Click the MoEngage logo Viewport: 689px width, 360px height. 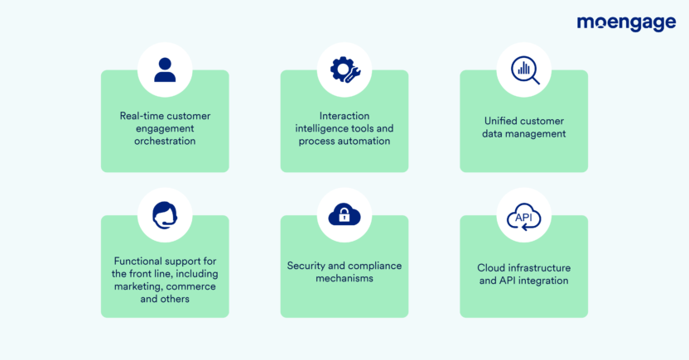pyautogui.click(x=626, y=22)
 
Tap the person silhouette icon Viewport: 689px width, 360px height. pyautogui.click(x=165, y=70)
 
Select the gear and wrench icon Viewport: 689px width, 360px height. pyautogui.click(x=344, y=70)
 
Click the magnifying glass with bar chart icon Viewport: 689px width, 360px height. pyautogui.click(x=524, y=70)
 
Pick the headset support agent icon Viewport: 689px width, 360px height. pyautogui.click(x=165, y=215)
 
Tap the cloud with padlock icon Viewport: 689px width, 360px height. pyautogui.click(x=344, y=215)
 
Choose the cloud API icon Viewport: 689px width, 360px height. pyautogui.click(x=524, y=217)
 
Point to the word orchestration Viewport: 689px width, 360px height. pyautogui.click(x=165, y=142)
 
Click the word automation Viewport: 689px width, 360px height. pyautogui.click(x=364, y=142)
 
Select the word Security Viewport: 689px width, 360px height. pyautogui.click(x=309, y=266)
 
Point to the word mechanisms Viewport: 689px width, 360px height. pyautogui.click(x=344, y=279)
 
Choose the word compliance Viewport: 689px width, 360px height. pyautogui.click(x=373, y=266)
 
